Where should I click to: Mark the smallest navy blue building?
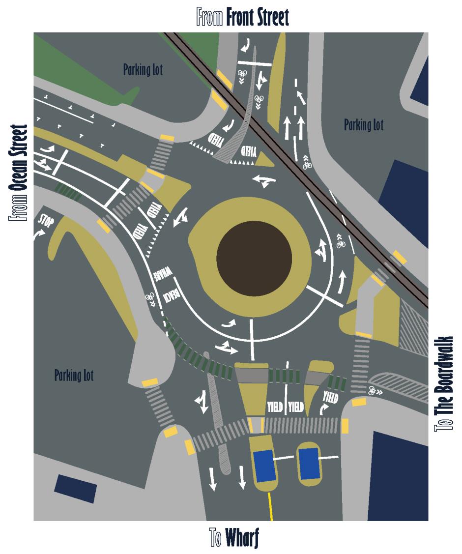click(75, 488)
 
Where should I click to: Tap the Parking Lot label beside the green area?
click(143, 70)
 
